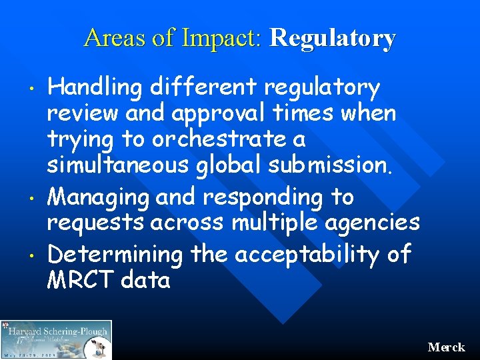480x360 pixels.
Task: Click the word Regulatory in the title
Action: tap(332, 38)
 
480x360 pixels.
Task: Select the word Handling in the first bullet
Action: tap(96, 87)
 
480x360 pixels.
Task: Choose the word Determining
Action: tap(115, 253)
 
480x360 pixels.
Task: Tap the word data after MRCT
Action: tap(146, 280)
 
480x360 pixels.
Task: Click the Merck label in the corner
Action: tap(447, 347)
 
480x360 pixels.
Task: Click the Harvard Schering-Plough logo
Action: tap(56, 339)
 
